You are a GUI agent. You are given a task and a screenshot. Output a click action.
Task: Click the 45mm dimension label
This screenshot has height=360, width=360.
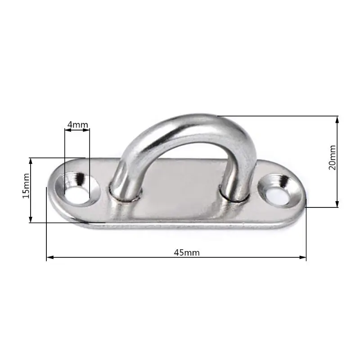(187, 252)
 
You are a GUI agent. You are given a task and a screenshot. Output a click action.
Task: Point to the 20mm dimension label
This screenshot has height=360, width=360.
(332, 157)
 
